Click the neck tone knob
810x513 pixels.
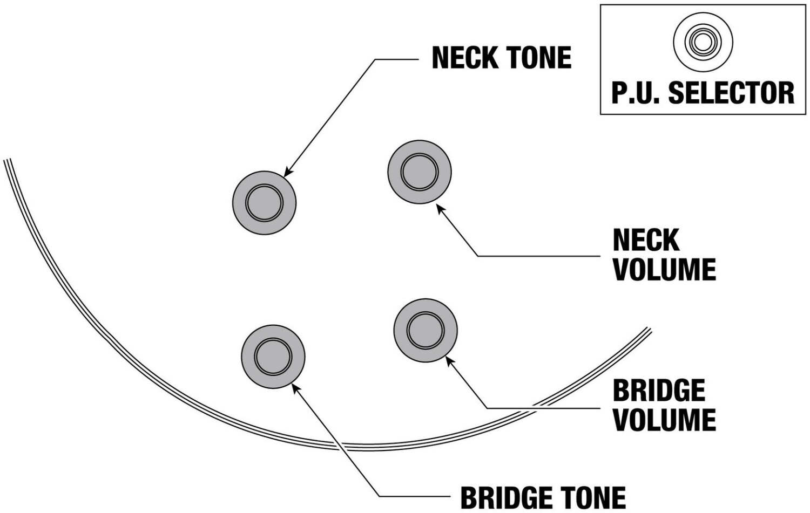[265, 203]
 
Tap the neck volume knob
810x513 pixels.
[420, 172]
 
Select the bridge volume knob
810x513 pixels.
[426, 330]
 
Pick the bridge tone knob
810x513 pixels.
[273, 357]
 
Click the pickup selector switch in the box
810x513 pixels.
[703, 43]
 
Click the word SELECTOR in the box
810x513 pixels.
[731, 93]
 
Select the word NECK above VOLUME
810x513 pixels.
[646, 240]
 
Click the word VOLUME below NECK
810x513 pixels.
[665, 270]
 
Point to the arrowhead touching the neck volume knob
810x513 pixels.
[440, 208]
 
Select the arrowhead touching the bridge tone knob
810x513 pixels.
[295, 388]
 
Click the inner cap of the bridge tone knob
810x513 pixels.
[273, 357]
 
